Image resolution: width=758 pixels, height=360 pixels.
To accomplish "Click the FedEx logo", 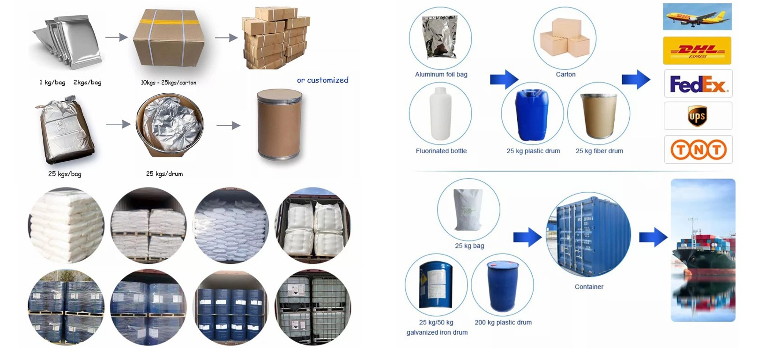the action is point(698,83).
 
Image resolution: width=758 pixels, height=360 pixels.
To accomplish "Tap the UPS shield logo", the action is point(698,116).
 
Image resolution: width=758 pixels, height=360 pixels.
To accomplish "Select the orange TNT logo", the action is point(699,150).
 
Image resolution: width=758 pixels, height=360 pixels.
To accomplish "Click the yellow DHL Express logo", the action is point(697,51).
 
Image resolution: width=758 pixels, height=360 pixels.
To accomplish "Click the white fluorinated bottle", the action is point(440,113).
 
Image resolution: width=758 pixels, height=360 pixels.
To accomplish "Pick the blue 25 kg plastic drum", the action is point(532,114).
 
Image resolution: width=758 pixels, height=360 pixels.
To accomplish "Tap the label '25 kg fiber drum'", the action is point(599,151).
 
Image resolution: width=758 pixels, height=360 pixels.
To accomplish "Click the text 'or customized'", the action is point(322,80).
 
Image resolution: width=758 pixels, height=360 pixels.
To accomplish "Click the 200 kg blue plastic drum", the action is point(503,286).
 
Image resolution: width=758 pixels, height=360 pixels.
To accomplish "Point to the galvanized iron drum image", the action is point(436,284).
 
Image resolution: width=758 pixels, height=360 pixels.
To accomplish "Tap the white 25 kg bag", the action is point(468,209).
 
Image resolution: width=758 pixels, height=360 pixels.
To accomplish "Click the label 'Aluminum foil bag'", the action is point(441,75).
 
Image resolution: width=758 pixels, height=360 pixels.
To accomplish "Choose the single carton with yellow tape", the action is point(169,38).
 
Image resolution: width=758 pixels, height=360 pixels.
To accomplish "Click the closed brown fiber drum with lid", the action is point(279,124).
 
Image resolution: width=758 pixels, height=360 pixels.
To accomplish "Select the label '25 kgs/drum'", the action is point(164,174).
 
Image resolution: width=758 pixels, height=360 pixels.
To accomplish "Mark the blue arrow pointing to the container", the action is point(527,237).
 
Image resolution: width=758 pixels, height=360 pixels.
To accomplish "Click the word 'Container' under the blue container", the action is point(589,287).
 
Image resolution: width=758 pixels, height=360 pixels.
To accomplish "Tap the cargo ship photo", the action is point(703,250).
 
